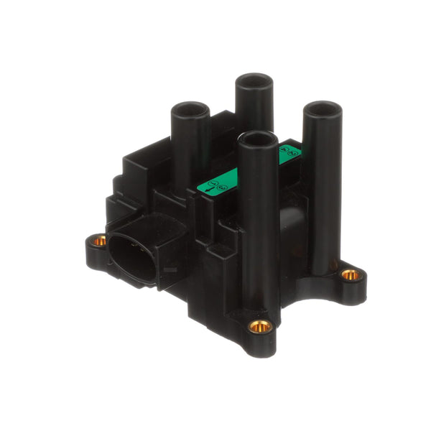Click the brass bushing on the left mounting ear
100,241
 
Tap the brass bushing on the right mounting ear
350,274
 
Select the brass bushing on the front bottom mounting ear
260,327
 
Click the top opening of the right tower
320,110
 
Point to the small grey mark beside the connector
170,270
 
